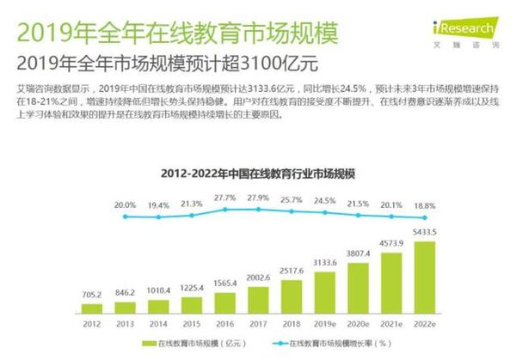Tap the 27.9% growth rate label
pos(259,198)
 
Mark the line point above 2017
pos(259,211)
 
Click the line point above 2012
pos(125,217)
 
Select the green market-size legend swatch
pos(147,345)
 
